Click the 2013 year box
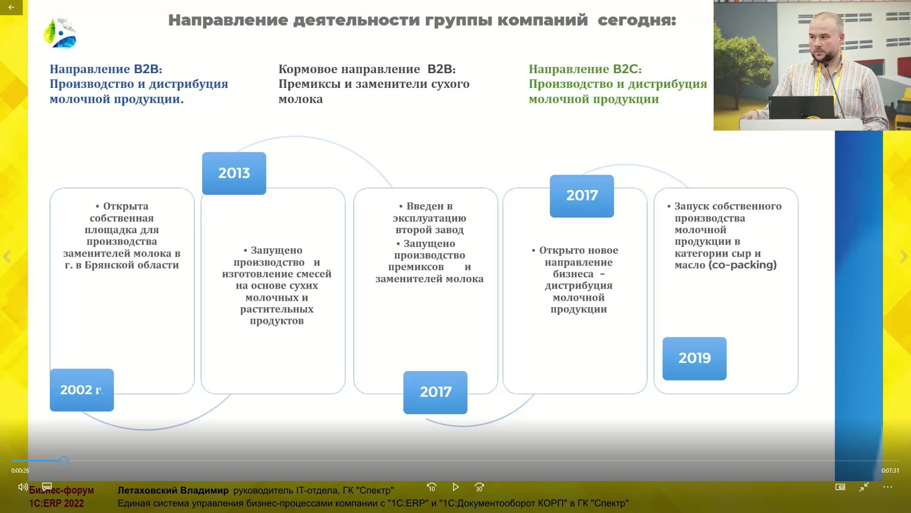tap(234, 173)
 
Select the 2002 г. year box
tap(82, 390)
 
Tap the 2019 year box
tap(694, 358)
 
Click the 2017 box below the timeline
tap(435, 392)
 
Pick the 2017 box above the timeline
tap(582, 196)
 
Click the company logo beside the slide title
tap(61, 33)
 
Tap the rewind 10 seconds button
tap(431, 487)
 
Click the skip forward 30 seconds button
tap(479, 487)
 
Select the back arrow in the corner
tap(11, 7)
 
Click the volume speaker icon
tap(22, 487)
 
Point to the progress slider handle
tap(64, 460)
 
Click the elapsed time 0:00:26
tap(20, 471)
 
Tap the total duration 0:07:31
tap(890, 471)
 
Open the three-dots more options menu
tap(888, 487)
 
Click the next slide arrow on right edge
tap(903, 256)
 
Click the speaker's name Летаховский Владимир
tap(173, 490)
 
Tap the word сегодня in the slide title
tap(636, 20)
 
